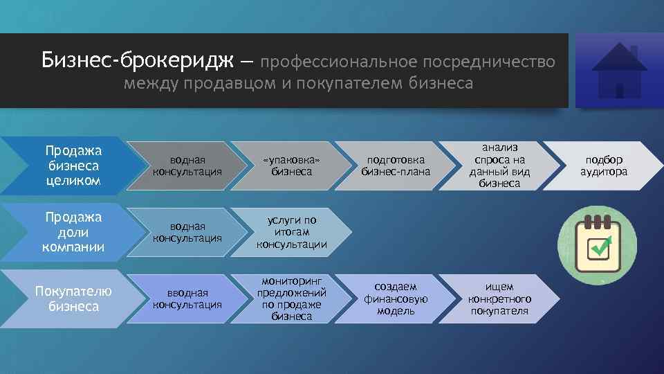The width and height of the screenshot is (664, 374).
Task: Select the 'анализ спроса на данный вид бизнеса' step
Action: tap(497, 166)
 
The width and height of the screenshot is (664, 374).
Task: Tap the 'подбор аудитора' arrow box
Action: tap(604, 166)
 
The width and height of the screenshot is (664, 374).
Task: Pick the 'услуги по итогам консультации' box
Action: tap(291, 232)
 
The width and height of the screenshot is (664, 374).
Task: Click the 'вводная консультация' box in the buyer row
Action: tap(187, 299)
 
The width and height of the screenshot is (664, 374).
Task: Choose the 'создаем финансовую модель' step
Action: tap(396, 299)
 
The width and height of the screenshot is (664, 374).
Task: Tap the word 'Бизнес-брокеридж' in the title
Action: tap(138, 61)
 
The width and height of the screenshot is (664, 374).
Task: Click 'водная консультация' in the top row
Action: tap(187, 166)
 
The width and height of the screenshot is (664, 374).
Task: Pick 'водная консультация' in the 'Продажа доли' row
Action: tap(187, 232)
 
